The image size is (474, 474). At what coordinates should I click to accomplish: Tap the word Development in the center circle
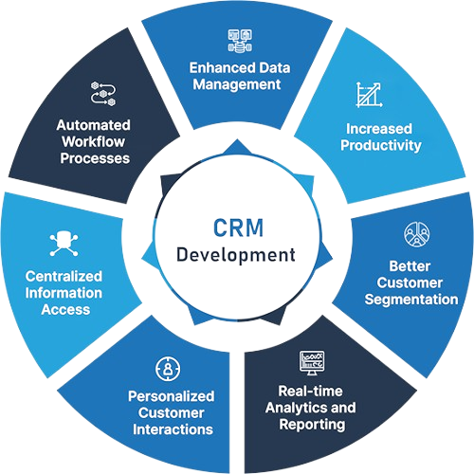[x=237, y=255]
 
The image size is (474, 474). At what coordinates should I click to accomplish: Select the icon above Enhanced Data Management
[x=236, y=41]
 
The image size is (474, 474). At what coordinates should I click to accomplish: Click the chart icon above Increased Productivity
[x=368, y=95]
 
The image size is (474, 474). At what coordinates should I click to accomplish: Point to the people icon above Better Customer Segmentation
[x=415, y=233]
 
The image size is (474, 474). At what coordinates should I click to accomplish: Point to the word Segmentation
[x=411, y=300]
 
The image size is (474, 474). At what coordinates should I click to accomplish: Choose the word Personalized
[x=171, y=395]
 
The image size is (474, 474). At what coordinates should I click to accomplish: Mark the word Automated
[x=93, y=125]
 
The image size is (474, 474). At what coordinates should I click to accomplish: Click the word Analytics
[x=287, y=408]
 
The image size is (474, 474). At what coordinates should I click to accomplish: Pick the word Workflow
[x=93, y=141]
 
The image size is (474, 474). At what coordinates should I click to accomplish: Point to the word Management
[x=237, y=84]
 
